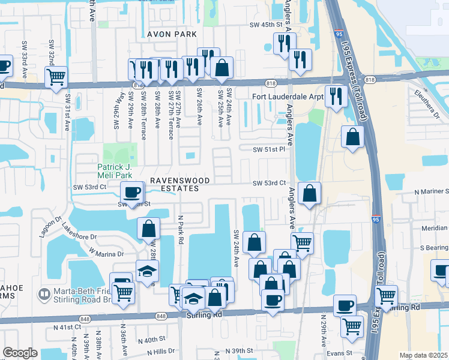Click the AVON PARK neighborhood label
tap(172, 35)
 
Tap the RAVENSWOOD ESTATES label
tap(174, 184)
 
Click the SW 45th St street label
tap(266, 25)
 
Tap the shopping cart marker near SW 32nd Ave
tap(56, 77)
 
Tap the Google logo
tap(20, 352)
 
